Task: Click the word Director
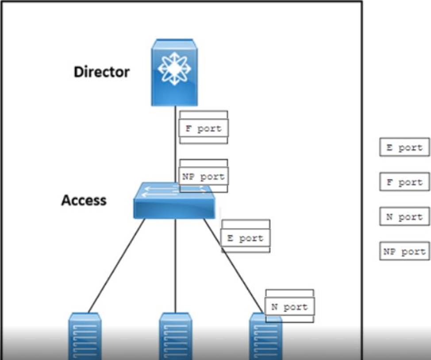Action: [x=101, y=72]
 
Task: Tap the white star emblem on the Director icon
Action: [x=174, y=69]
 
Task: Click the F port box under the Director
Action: [x=204, y=129]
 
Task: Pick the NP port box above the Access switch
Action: [x=204, y=177]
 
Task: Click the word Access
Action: [x=84, y=200]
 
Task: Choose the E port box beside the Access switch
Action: [x=245, y=238]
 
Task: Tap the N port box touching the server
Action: [x=290, y=307]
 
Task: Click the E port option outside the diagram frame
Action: [x=404, y=147]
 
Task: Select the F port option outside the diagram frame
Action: [x=404, y=182]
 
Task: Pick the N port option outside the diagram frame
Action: [x=404, y=217]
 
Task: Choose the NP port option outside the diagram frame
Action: [x=404, y=252]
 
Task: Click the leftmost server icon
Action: [x=85, y=337]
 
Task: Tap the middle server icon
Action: [x=175, y=337]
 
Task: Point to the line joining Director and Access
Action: [x=176, y=146]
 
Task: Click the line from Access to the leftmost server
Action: [x=116, y=266]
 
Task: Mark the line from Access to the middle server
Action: [x=175, y=266]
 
